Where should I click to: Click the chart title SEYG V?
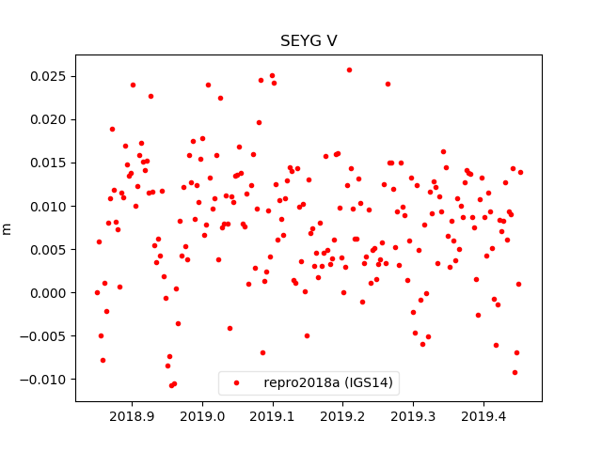click(x=309, y=41)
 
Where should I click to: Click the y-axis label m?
click(x=8, y=228)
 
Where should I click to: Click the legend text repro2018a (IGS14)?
click(x=328, y=383)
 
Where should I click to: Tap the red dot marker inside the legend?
click(x=239, y=383)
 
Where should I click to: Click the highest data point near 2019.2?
click(x=349, y=70)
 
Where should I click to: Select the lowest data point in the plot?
click(x=171, y=385)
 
